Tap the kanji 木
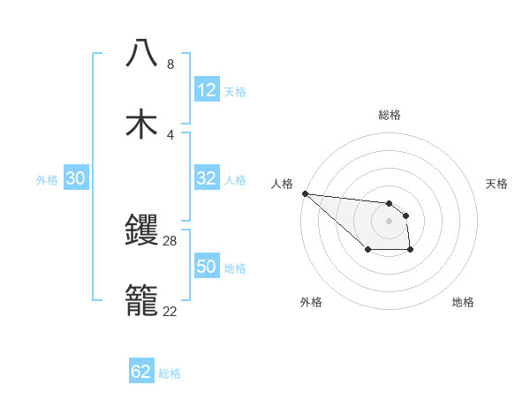point(142,124)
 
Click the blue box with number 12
point(207,90)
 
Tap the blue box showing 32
point(207,178)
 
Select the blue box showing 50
point(207,267)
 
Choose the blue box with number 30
point(76,178)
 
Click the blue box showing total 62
point(141,372)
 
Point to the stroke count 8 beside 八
point(170,64)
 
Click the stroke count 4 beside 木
point(170,134)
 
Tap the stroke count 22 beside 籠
point(170,311)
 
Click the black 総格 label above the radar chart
point(390,115)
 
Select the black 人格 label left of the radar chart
point(282,184)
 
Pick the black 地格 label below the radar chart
point(463,302)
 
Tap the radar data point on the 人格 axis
point(305,193)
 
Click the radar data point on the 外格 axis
point(367,251)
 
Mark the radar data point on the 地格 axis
point(411,251)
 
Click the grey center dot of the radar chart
point(389,221)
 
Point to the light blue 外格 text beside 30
point(47,179)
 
